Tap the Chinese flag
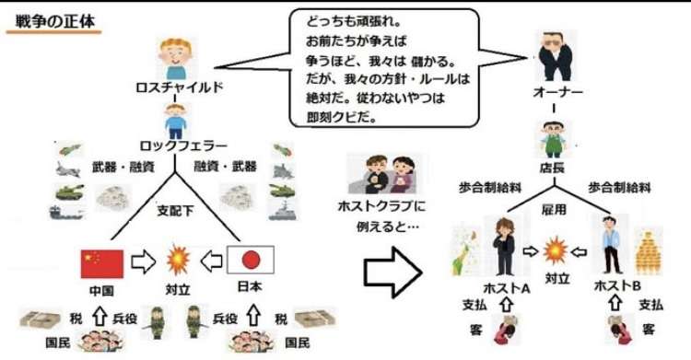[101, 262]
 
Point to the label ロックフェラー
[176, 145]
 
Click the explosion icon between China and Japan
[174, 259]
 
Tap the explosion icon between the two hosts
[554, 249]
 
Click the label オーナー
[557, 92]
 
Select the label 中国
[100, 290]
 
